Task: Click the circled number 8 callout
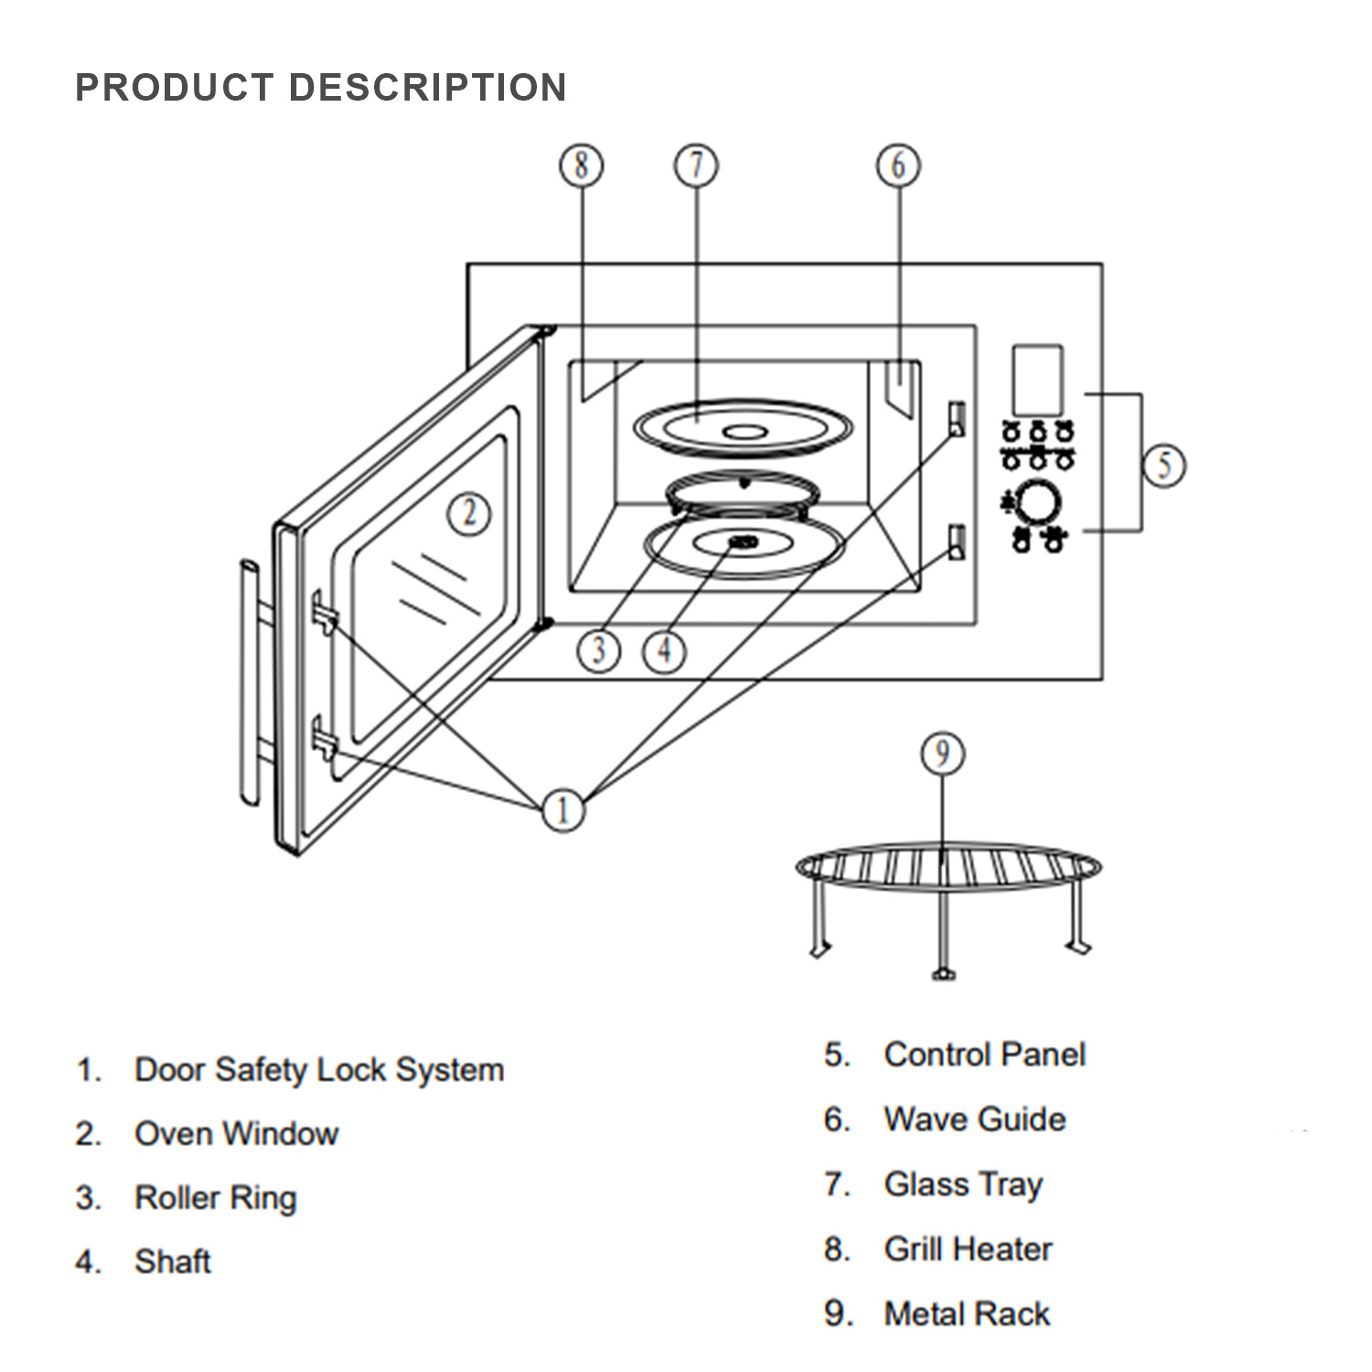(x=582, y=166)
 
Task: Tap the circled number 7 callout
(x=697, y=166)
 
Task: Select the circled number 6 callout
(x=898, y=166)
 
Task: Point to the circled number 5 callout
(x=1164, y=465)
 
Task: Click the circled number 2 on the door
(x=468, y=513)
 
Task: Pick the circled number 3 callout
(x=599, y=651)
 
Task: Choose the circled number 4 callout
(x=665, y=651)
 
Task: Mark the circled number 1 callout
(x=563, y=809)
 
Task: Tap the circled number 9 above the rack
(x=943, y=755)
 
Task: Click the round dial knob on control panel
(x=1037, y=501)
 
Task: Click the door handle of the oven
(x=248, y=682)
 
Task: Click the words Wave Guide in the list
(x=975, y=1120)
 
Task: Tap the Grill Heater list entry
(x=968, y=1249)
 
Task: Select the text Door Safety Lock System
(x=319, y=1070)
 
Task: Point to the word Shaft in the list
(x=173, y=1262)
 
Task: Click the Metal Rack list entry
(x=967, y=1314)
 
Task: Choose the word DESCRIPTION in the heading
(x=428, y=88)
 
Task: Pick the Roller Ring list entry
(x=216, y=1198)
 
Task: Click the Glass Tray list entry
(x=963, y=1184)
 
